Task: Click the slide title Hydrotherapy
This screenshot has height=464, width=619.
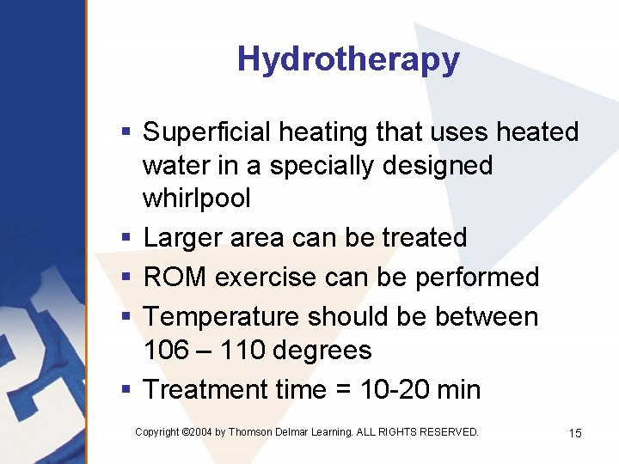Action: [348, 59]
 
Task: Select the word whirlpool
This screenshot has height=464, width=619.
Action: [196, 198]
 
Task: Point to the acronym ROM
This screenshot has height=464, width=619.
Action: [175, 277]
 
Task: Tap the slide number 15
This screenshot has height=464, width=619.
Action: [575, 433]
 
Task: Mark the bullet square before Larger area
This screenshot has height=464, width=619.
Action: [126, 237]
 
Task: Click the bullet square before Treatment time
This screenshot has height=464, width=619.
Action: [126, 390]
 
